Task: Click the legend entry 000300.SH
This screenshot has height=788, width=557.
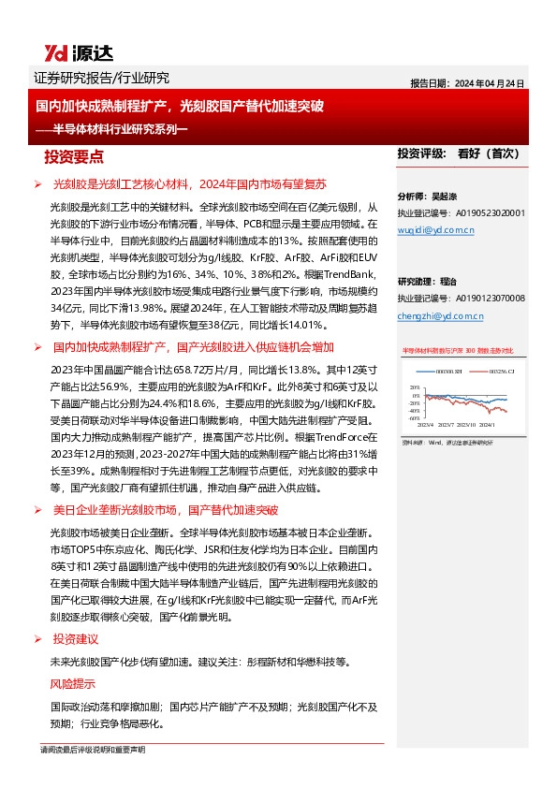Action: point(443,372)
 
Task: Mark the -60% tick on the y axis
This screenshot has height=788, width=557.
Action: point(414,417)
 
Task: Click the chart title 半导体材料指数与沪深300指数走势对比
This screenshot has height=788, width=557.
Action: point(458,350)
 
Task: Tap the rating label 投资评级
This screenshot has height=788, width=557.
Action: point(419,153)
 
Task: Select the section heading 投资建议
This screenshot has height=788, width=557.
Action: point(76,639)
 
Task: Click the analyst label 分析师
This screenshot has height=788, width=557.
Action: point(412,197)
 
